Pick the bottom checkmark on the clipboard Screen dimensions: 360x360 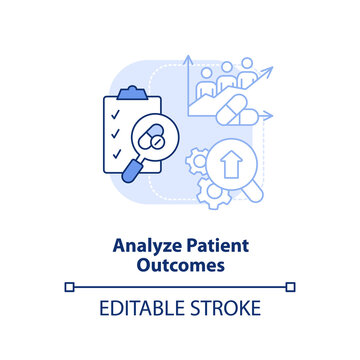tap(116, 155)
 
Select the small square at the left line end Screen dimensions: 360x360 tap(69, 287)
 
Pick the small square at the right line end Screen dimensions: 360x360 tap(290, 287)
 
